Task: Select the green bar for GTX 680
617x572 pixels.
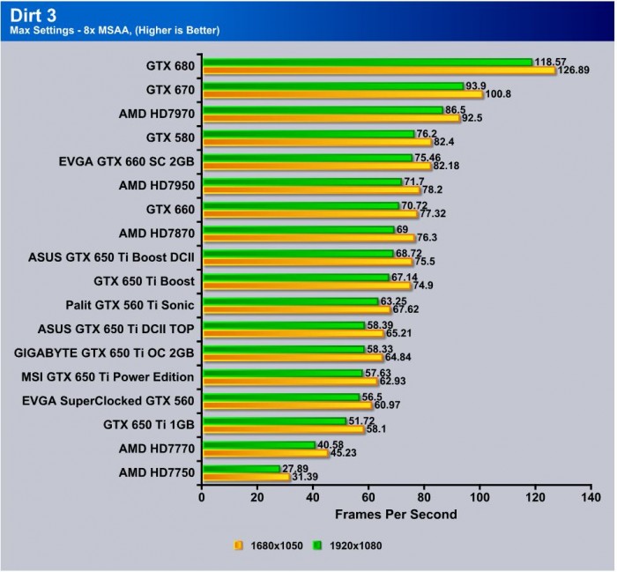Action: point(367,62)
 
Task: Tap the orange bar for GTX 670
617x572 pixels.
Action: point(342,94)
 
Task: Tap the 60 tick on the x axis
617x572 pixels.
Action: point(368,496)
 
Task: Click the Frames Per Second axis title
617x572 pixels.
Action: point(396,513)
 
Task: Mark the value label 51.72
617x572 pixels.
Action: point(363,421)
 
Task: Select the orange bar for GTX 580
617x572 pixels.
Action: point(316,142)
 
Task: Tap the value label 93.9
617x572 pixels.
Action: point(476,85)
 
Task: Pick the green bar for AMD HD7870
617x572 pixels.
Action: point(297,229)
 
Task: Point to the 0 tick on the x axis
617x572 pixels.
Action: point(202,496)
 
